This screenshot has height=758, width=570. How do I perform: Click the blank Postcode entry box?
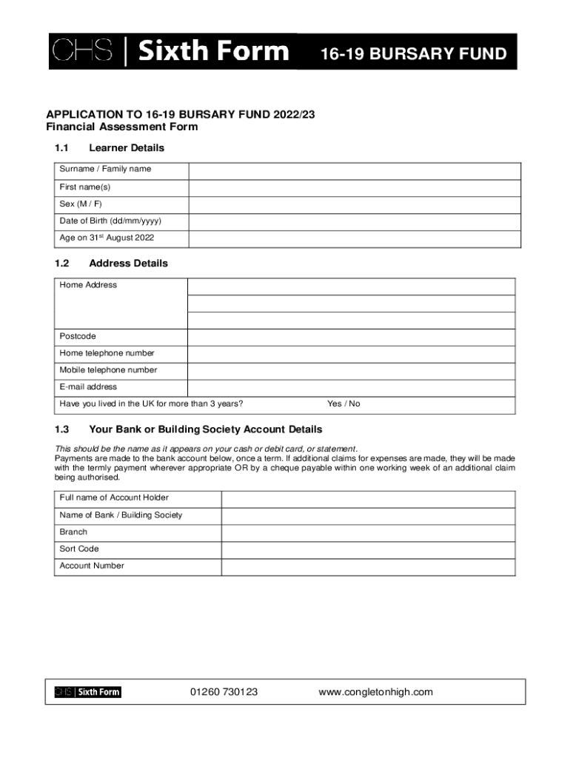(351, 337)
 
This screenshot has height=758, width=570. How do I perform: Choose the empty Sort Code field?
(368, 549)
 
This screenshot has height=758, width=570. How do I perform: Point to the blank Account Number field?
(368, 566)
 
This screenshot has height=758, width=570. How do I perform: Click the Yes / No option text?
(343, 404)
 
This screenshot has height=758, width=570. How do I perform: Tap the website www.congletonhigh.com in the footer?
(375, 692)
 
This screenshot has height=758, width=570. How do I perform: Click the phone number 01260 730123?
(224, 692)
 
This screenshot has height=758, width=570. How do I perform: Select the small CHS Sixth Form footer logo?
(87, 692)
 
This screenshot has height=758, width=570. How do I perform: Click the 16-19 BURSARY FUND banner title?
(413, 54)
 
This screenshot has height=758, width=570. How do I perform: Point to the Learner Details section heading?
(126, 148)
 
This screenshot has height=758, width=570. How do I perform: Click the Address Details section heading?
(128, 264)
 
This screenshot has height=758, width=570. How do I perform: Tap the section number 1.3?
(61, 429)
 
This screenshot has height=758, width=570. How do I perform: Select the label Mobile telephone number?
(108, 370)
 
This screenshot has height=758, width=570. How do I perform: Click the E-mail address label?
(88, 387)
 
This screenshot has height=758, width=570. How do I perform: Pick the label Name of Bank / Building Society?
(121, 515)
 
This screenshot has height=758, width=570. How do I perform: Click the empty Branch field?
(368, 532)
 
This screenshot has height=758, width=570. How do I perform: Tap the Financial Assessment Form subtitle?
(122, 127)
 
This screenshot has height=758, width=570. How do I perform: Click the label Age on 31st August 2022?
(107, 238)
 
